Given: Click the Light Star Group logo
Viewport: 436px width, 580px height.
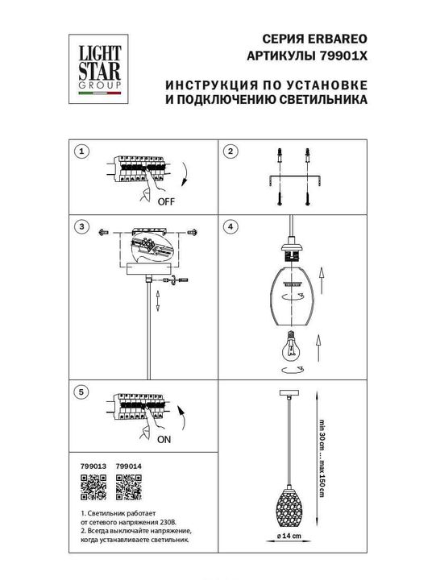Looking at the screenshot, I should click(x=98, y=64).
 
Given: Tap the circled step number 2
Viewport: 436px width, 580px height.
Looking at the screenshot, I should click(x=230, y=152).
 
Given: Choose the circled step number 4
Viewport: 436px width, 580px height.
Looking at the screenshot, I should click(x=230, y=226).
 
